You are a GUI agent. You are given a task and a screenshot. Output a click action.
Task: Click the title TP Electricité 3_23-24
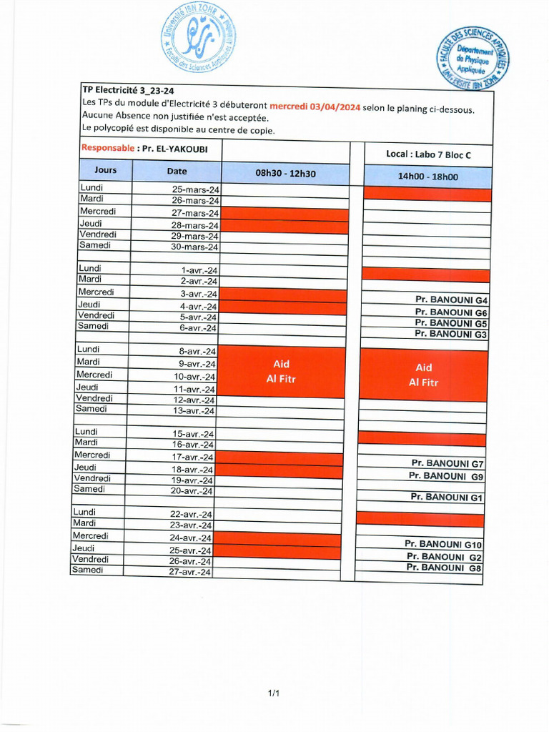coord(128,90)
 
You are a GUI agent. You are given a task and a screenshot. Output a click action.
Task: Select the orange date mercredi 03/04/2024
coord(315,107)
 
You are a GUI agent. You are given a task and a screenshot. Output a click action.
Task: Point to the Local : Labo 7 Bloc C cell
coord(428,154)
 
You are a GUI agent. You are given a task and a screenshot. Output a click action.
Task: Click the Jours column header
coord(105,171)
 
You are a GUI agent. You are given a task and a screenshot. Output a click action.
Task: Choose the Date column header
coord(177,172)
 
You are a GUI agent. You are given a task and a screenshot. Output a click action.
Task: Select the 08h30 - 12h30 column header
coord(285,173)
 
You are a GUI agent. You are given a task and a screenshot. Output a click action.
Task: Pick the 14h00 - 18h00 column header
coord(427,177)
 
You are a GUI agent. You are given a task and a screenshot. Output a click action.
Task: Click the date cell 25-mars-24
coord(195,189)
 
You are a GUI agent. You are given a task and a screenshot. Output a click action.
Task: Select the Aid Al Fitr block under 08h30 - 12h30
coord(280,372)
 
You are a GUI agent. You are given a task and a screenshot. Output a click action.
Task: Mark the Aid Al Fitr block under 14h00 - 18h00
coord(423,375)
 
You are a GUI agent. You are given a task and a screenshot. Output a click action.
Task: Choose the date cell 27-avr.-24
coord(189,572)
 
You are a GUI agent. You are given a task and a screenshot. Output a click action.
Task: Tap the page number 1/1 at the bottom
coord(274,693)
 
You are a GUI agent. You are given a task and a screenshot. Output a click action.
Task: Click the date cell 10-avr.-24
coord(194,376)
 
